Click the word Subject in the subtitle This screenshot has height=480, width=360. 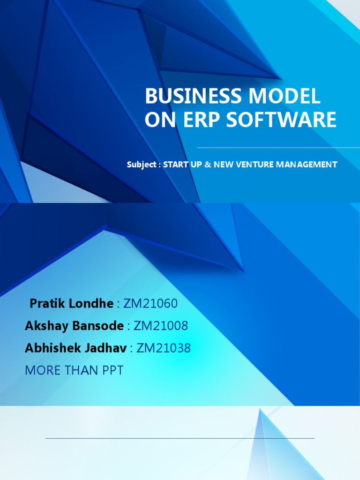pyautogui.click(x=141, y=165)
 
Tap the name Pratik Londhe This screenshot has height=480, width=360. pyautogui.click(x=71, y=303)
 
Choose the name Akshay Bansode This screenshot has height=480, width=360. pyautogui.click(x=74, y=326)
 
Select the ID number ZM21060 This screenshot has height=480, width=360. pyautogui.click(x=150, y=303)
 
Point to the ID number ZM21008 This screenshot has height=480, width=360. pyautogui.click(x=161, y=326)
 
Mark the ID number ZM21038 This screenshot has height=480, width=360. pyautogui.click(x=164, y=348)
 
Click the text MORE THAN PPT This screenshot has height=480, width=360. pyautogui.click(x=74, y=370)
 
